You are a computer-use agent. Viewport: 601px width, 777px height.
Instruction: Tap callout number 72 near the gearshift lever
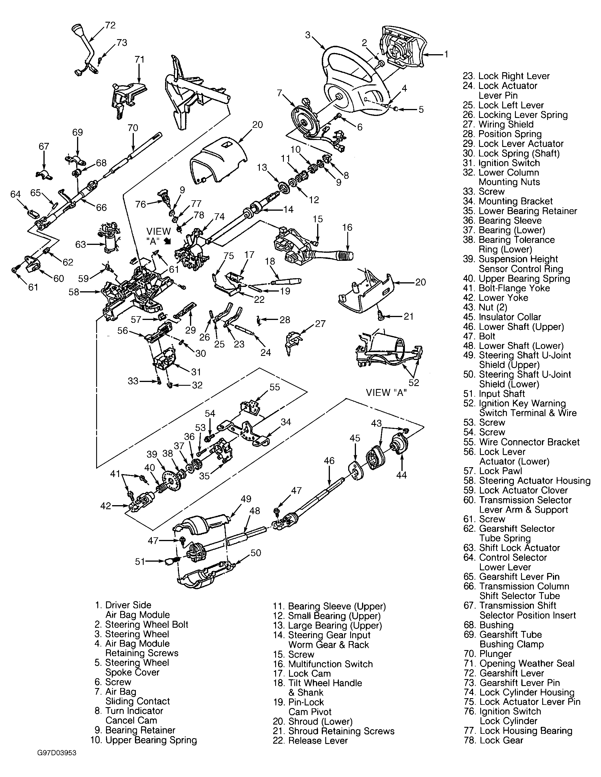[110, 25]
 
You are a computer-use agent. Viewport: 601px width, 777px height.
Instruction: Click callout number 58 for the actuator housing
[74, 292]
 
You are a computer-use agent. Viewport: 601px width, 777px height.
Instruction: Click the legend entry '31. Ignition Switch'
[501, 163]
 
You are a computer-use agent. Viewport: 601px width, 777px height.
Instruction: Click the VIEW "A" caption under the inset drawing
[387, 392]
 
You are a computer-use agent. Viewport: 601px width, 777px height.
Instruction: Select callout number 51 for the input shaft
[140, 561]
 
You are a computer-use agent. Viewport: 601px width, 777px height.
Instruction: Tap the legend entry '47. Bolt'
[479, 336]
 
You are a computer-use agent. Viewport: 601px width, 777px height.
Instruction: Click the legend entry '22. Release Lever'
[310, 740]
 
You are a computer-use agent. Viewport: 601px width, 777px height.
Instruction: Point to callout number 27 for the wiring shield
[320, 323]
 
